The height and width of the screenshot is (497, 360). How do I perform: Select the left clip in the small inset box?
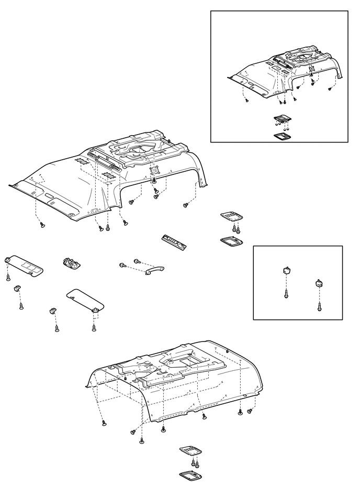coord(286,270)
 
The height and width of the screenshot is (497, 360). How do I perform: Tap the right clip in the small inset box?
coord(318,283)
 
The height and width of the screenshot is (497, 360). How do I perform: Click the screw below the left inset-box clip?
coord(286,295)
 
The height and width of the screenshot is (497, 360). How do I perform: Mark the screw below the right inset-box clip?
coord(319,306)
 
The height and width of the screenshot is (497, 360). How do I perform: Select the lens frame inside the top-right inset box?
coord(283,135)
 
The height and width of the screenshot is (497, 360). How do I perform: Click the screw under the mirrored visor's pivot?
coord(8,277)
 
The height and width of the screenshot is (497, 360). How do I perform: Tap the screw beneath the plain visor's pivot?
coord(94,327)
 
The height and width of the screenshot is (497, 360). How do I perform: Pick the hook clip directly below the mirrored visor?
coord(16,288)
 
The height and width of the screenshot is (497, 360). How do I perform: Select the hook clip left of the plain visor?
coord(53,311)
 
